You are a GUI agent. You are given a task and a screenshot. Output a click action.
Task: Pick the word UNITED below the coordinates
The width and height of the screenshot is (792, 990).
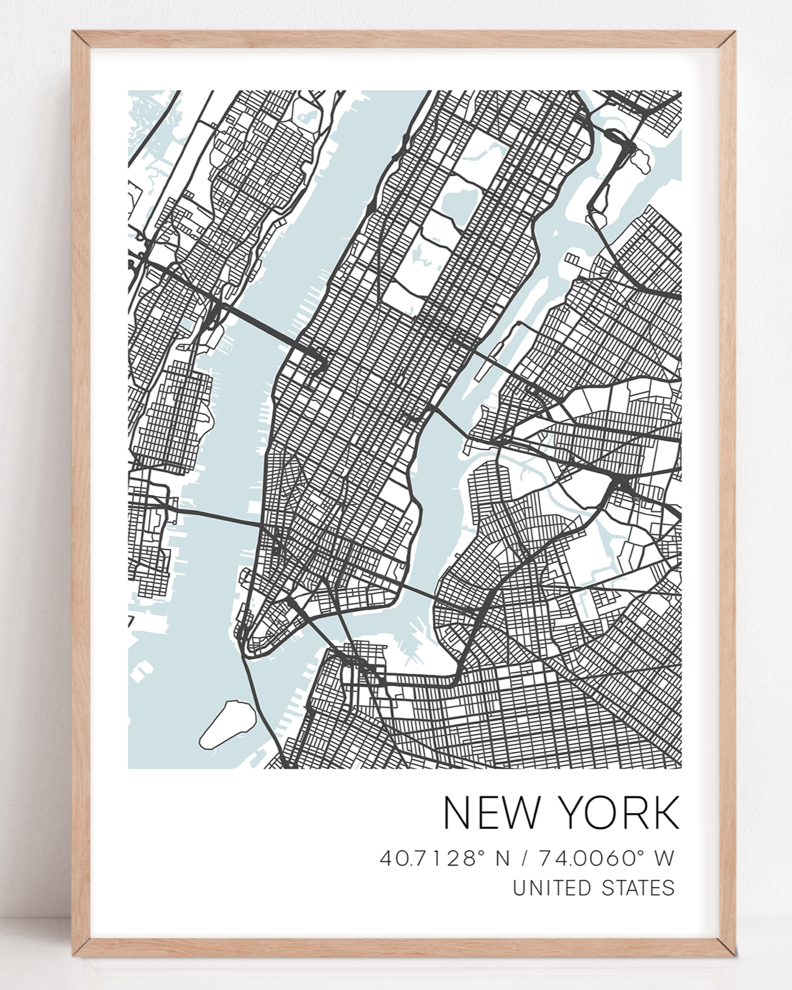coord(548,887)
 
